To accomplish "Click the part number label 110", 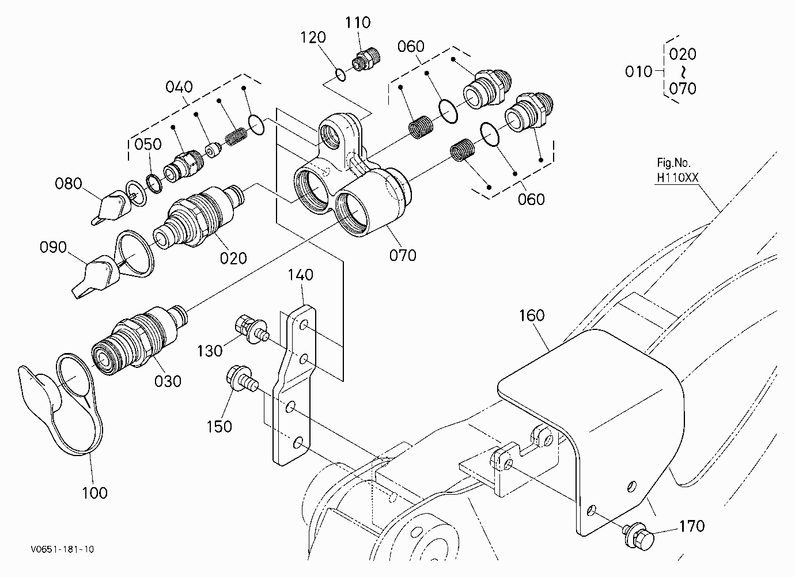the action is point(358,22).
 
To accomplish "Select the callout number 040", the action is point(179,87).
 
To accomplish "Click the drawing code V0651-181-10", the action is point(62,549).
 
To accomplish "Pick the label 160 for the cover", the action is point(532,316).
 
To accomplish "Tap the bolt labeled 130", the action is point(252,329).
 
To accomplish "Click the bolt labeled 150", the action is point(242,379).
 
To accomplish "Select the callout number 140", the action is point(301,275).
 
